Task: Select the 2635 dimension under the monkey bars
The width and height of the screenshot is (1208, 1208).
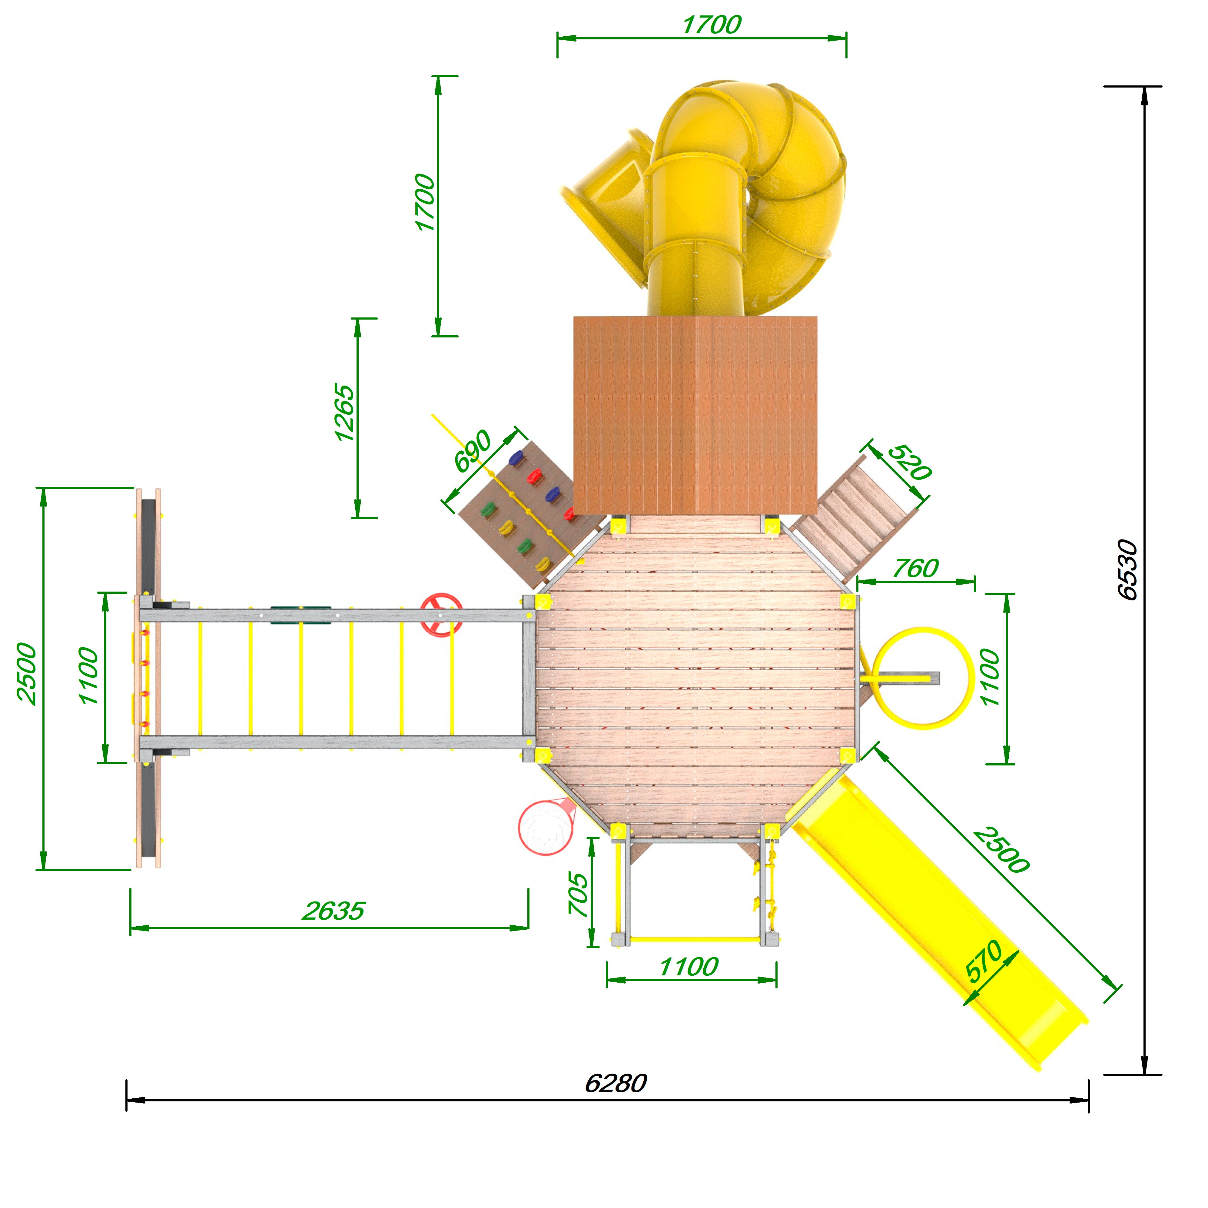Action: [333, 911]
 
